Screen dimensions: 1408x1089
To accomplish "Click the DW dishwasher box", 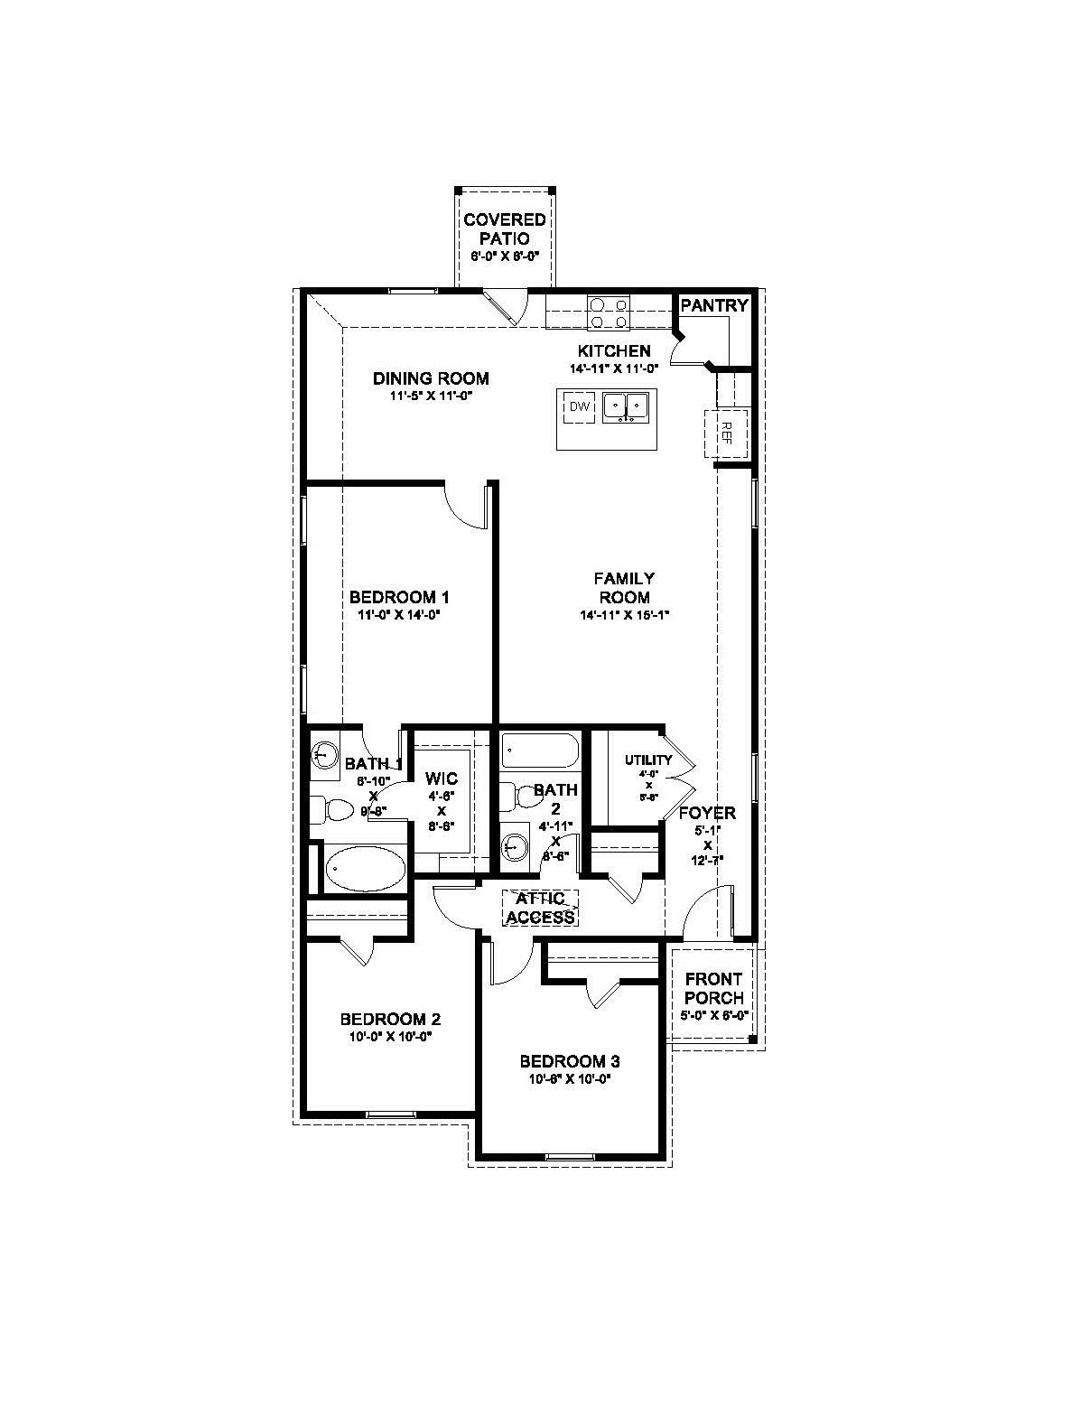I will [x=579, y=407].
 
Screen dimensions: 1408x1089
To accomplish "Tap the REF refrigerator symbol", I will [x=725, y=433].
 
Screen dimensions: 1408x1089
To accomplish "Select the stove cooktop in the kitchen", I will [x=609, y=312].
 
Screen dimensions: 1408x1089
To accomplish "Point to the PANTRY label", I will [x=714, y=305].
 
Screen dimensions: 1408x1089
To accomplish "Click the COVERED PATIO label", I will [x=505, y=229].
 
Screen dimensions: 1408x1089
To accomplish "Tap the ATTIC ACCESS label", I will [x=540, y=909].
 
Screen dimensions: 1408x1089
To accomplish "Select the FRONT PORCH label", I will [x=713, y=988].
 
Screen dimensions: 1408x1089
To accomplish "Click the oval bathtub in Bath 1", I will [x=366, y=870].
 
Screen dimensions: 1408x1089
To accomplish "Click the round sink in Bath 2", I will [x=516, y=847].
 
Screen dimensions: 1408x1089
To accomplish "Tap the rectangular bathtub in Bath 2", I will [x=539, y=750].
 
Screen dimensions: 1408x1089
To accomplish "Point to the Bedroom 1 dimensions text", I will [x=399, y=615].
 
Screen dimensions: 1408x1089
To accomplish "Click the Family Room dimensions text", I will [x=624, y=615].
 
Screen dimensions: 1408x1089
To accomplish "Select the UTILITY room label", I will [x=648, y=760].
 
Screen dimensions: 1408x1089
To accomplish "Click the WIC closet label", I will [x=442, y=779].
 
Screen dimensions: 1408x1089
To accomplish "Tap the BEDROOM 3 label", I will [x=570, y=1061].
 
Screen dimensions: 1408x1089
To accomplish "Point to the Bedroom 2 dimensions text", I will [x=390, y=1037].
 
